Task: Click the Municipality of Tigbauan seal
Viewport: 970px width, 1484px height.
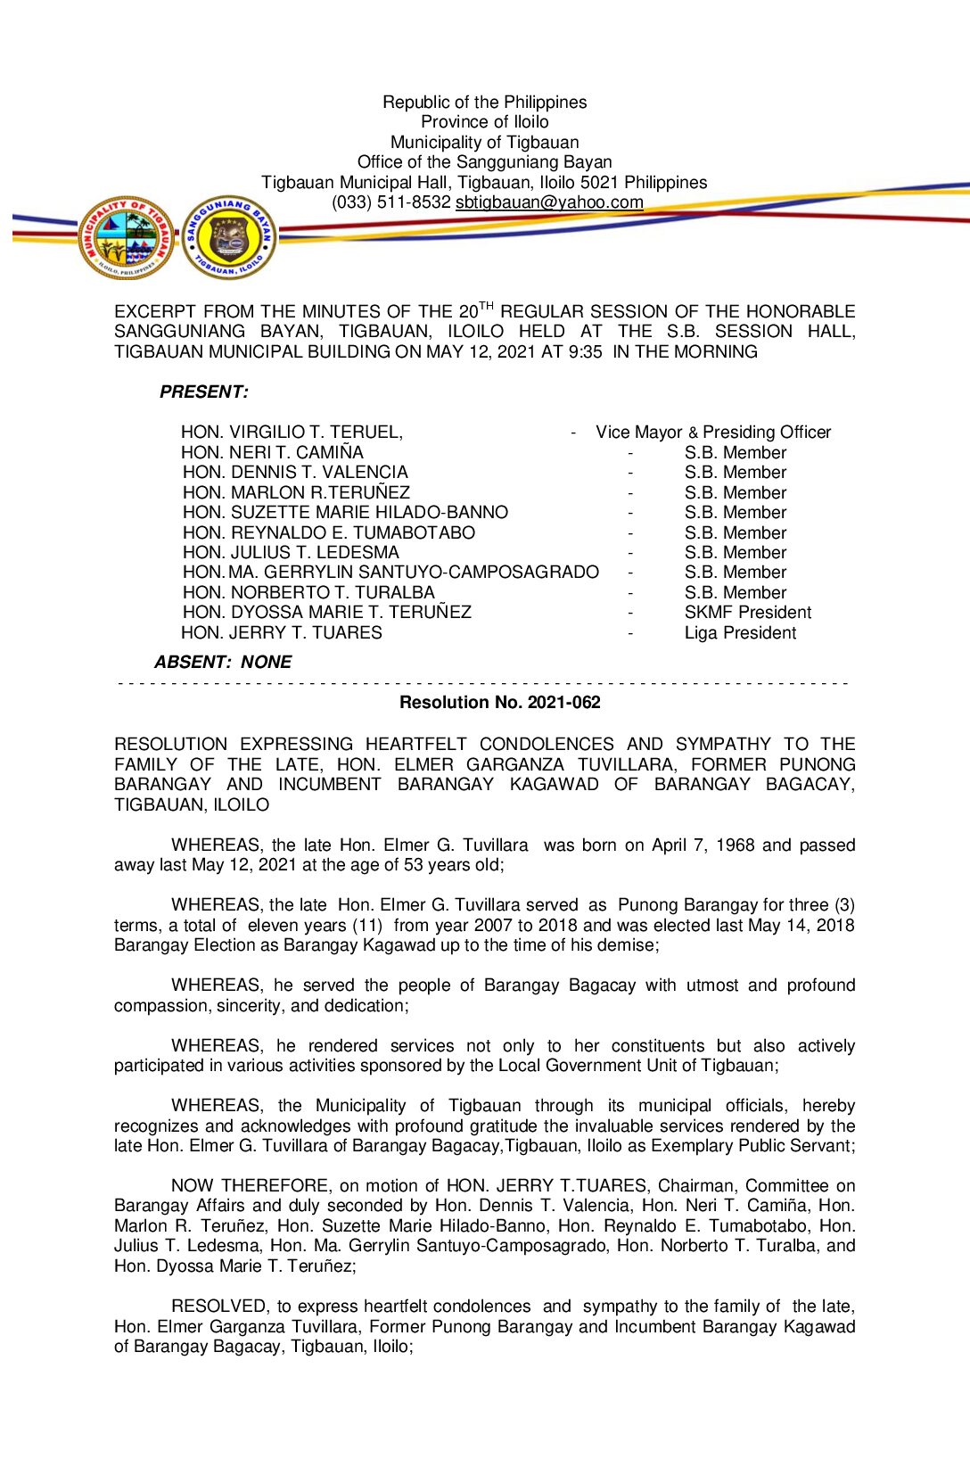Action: [x=126, y=238]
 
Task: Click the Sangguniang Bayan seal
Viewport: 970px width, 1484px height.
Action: [x=229, y=238]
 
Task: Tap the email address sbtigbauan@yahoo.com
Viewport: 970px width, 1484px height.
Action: [x=549, y=202]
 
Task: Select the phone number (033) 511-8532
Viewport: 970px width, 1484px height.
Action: [x=391, y=202]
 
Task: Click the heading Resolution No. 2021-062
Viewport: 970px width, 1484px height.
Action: [x=499, y=703]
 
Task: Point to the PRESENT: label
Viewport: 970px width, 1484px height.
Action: [x=204, y=392]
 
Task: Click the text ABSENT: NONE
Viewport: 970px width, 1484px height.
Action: [x=223, y=663]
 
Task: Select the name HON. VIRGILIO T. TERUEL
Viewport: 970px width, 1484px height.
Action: [x=292, y=433]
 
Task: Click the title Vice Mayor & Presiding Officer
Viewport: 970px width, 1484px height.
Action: [x=713, y=433]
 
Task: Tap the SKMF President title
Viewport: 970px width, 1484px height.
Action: [x=748, y=613]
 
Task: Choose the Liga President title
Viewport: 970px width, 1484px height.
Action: [x=740, y=633]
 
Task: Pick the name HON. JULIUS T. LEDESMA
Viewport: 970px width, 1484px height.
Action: [x=291, y=553]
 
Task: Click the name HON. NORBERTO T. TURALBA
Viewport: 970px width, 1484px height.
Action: [x=308, y=593]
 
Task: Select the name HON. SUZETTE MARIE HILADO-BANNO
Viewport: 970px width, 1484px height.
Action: [x=345, y=513]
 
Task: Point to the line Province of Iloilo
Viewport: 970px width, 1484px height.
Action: [x=485, y=122]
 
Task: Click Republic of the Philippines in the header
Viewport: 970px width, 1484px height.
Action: [x=485, y=103]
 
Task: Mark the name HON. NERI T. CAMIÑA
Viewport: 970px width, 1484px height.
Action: [x=273, y=453]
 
